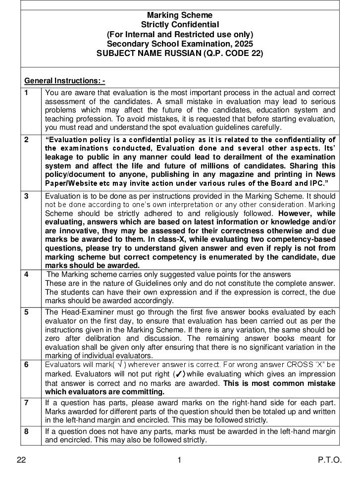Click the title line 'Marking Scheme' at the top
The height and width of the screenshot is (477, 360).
[x=180, y=15]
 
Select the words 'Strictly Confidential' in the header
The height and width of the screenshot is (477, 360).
[x=180, y=25]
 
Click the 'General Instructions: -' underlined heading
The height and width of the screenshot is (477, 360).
[x=64, y=81]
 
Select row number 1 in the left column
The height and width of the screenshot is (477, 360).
[x=26, y=93]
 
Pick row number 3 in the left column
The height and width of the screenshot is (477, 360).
[x=26, y=196]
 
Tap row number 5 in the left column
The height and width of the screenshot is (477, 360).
[x=26, y=312]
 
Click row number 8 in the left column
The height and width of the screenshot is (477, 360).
[x=26, y=431]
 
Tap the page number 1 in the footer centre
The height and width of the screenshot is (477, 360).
[x=179, y=460]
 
